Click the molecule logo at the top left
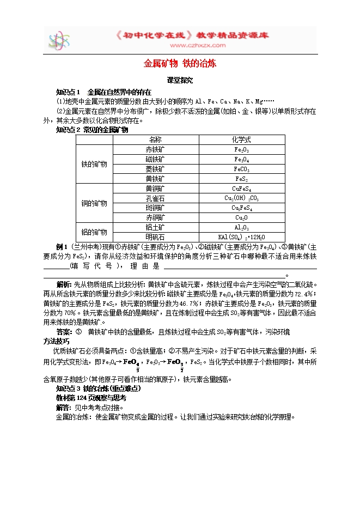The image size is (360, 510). tap(59, 41)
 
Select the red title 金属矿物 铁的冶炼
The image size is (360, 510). tap(180, 63)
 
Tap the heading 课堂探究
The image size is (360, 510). tap(180, 80)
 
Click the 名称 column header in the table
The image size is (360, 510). tap(155, 139)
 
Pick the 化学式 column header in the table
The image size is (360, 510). tap(241, 139)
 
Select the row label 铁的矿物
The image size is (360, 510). tap(94, 164)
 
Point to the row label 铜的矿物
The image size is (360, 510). tap(94, 203)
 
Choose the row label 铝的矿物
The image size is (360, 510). tap(94, 232)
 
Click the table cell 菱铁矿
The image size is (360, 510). tap(155, 169)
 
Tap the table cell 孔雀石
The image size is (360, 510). tap(155, 198)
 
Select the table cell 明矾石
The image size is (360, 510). tap(155, 237)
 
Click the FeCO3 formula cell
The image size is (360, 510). tap(241, 169)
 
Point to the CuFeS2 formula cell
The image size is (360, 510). tap(241, 189)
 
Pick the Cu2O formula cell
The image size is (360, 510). tap(241, 217)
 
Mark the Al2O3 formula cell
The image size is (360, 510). tap(241, 227)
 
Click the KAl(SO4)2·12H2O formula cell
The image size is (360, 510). tap(241, 237)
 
